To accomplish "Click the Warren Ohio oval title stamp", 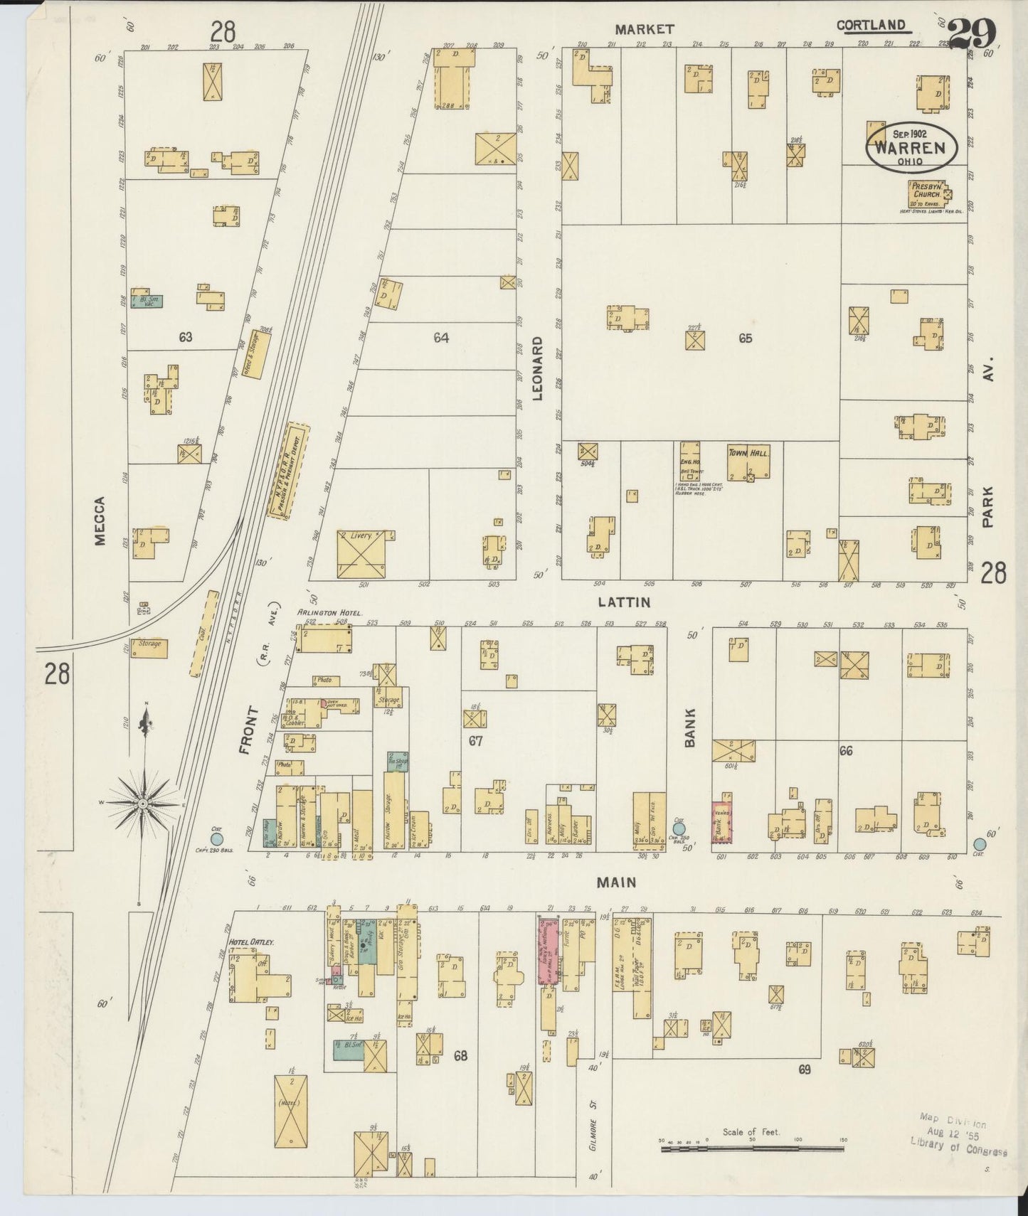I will [x=911, y=148].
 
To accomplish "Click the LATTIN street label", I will [x=623, y=602].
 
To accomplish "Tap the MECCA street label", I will [x=99, y=521].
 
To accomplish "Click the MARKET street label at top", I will [x=645, y=29].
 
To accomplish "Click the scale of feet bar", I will [x=752, y=1148].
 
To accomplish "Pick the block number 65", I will [x=744, y=338].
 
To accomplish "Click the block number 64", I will [x=441, y=338].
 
